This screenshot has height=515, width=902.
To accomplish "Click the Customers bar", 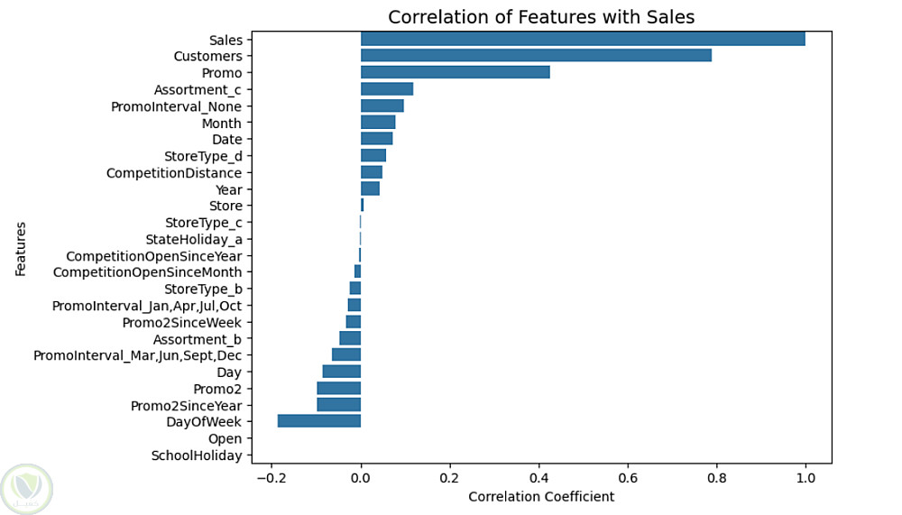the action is click(x=536, y=55).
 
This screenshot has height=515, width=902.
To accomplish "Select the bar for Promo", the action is click(x=455, y=72).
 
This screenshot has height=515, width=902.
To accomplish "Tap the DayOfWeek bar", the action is click(x=319, y=420).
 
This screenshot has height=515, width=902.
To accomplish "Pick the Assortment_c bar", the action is click(x=387, y=88).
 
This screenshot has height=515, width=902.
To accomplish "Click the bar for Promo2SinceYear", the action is click(x=339, y=405).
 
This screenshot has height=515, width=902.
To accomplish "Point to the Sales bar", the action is click(x=583, y=39).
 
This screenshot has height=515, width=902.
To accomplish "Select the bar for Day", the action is click(x=342, y=372).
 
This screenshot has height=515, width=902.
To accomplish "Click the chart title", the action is click(x=541, y=17).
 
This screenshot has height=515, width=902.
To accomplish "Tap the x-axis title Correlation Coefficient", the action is click(x=541, y=496).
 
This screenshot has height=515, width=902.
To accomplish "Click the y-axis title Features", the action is click(x=21, y=249).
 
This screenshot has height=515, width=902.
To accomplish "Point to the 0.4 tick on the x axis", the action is click(x=539, y=478).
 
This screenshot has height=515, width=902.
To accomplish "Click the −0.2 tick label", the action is click(x=272, y=478).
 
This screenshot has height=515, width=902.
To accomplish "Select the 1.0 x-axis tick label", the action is click(x=805, y=478).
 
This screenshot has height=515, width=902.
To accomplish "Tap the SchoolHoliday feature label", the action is click(x=197, y=455).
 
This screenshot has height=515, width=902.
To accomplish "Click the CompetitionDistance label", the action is click(x=174, y=172).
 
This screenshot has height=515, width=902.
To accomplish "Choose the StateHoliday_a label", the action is click(x=194, y=239).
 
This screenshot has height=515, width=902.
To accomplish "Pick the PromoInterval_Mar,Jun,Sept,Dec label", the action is click(x=137, y=355).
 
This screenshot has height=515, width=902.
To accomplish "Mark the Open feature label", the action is click(x=225, y=438).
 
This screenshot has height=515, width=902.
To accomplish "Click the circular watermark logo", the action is click(x=26, y=489).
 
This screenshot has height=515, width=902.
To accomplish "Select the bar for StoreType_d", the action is click(x=373, y=155).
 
